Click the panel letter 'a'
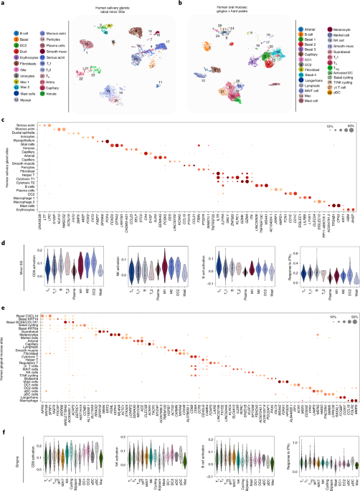click(x=3, y=4)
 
